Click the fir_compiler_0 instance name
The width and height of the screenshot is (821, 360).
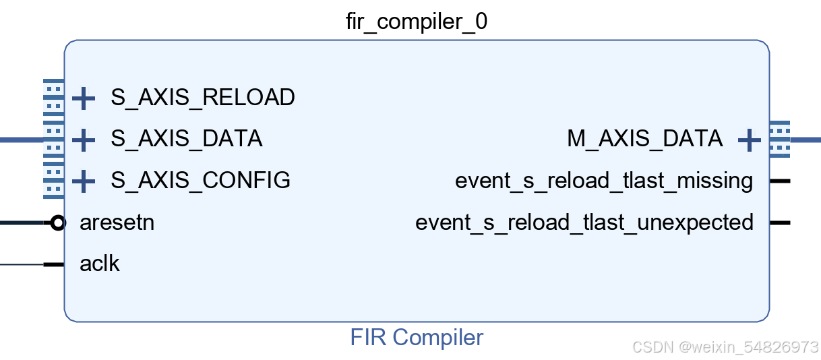point(416,22)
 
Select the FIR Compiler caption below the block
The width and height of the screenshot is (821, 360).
point(416,337)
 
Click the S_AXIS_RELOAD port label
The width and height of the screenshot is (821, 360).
point(203,98)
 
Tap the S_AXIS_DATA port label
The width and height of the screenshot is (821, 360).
point(187,139)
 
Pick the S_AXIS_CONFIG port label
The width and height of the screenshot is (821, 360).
point(201,180)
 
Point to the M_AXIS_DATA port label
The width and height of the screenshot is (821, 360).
point(644,139)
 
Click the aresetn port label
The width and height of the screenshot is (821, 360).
point(117,222)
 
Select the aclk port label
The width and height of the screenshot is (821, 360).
point(100,264)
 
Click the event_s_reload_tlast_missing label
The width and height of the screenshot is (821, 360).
point(604,181)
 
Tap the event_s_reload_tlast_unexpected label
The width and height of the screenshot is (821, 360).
point(584,222)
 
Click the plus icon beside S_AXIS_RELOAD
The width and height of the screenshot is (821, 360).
point(84,98)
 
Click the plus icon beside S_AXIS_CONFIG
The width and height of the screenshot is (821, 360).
point(84,181)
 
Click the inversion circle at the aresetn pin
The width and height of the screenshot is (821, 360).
point(59,222)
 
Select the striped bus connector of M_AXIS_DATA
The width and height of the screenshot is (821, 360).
point(779,140)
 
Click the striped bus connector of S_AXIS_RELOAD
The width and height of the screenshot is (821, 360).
point(53,98)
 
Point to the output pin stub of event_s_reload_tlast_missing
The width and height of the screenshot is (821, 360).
point(780,181)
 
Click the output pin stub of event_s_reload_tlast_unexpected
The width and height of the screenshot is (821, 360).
point(780,222)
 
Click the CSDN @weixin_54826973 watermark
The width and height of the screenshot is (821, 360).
point(725,347)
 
